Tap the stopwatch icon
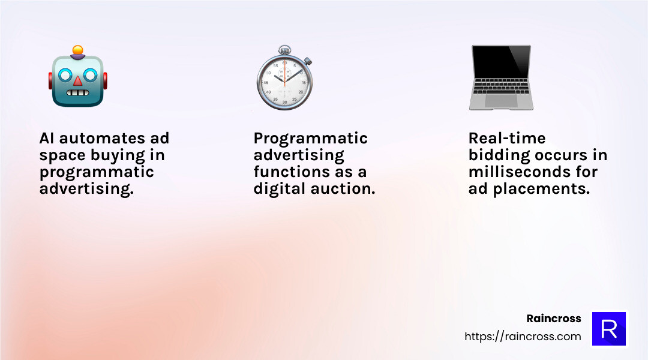pos(284,80)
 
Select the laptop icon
pos(500,78)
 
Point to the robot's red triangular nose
pos(77,81)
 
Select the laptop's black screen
pos(500,65)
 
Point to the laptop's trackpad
pos(500,101)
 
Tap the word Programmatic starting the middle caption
pos(310,139)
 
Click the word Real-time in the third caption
pos(507,139)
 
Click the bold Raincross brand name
pos(553,319)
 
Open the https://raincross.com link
pos(523,337)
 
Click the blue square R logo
pos(609,329)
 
